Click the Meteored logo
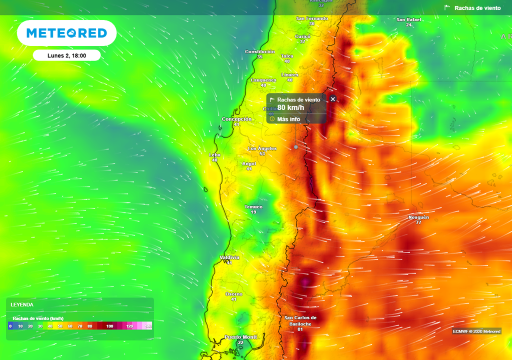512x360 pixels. [x=66, y=33]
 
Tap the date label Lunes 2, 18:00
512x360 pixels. [x=66, y=55]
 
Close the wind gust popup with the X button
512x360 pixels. [x=333, y=99]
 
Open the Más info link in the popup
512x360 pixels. [x=288, y=119]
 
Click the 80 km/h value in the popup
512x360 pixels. [x=291, y=107]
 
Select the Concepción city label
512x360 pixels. [x=236, y=119]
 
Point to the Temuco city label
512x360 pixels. [x=253, y=207]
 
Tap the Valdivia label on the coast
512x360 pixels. [x=229, y=258]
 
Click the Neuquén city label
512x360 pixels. [x=418, y=217]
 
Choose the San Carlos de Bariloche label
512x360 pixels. [x=300, y=320]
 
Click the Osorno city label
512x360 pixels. [x=233, y=294]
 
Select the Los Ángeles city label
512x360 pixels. [x=262, y=148]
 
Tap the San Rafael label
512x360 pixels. [x=408, y=19]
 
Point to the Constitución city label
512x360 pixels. [x=259, y=51]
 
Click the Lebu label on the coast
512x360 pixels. [x=214, y=155]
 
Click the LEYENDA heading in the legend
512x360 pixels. [x=22, y=304]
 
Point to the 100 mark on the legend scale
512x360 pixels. [x=110, y=326]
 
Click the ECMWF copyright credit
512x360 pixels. [x=476, y=331]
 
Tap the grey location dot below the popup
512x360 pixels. [x=296, y=147]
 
